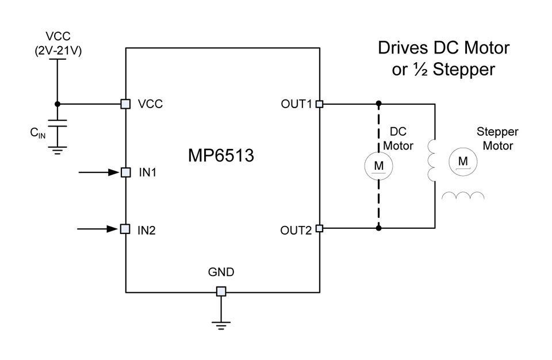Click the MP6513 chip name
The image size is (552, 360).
pos(221,155)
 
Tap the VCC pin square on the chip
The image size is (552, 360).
pos(125,104)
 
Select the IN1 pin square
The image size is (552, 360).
pos(126,173)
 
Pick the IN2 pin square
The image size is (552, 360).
pos(125,229)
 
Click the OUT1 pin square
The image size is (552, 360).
pos(319,104)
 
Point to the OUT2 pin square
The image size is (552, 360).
pos(319,228)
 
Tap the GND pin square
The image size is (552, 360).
pos(221,292)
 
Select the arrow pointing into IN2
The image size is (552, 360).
pos(98,229)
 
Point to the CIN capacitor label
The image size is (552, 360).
pos(38,133)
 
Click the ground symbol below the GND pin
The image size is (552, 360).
pos(221,325)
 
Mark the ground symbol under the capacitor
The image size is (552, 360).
pos(57,151)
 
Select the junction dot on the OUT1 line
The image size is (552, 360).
pos(378,104)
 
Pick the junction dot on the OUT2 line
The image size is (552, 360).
pos(378,228)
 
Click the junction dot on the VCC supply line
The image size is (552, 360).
pos(57,104)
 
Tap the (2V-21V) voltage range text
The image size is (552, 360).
pos(58,51)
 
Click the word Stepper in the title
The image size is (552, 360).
pos(463,70)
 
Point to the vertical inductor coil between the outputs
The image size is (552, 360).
pos(431,160)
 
